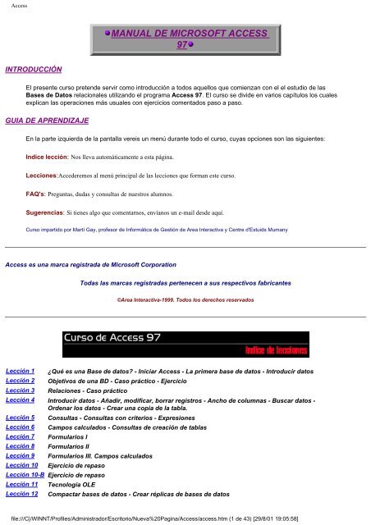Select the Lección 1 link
pos(20,372)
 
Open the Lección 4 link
pos(20,400)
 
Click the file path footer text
pos(185,518)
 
